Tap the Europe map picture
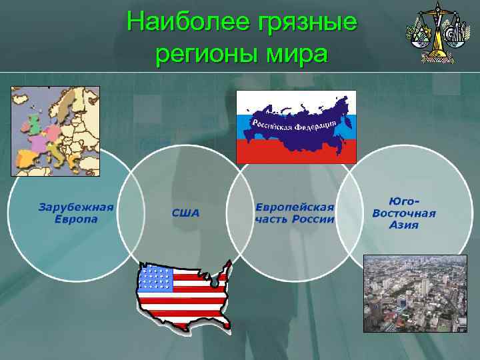pos(55,131)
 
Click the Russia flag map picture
pos(297,127)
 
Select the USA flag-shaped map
pos(184,293)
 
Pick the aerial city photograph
pos(415,293)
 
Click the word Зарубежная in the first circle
pos(75,207)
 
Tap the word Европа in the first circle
pos(75,219)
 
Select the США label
pos(185,213)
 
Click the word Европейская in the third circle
pos(294,207)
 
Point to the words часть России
pos(294,219)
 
